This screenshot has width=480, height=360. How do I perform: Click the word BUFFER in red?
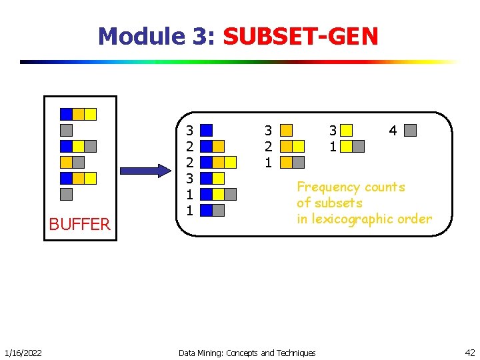pyautogui.click(x=79, y=225)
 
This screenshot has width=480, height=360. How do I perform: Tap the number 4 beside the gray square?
pyautogui.click(x=393, y=131)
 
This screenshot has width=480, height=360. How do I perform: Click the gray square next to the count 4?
pyautogui.click(x=411, y=130)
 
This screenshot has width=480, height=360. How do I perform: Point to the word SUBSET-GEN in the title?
pyautogui.click(x=301, y=35)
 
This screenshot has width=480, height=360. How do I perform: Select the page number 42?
pyautogui.click(x=469, y=352)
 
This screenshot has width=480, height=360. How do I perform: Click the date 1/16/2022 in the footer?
pyautogui.click(x=23, y=352)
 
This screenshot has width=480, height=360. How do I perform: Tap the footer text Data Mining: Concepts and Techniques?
pyautogui.click(x=247, y=352)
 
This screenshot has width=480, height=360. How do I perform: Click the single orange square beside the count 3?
pyautogui.click(x=286, y=130)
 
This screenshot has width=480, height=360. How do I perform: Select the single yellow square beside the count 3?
pyautogui.click(x=346, y=130)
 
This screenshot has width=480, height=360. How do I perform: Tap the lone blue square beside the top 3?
pyautogui.click(x=207, y=130)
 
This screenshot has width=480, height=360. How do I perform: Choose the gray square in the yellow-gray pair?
pyautogui.click(x=358, y=146)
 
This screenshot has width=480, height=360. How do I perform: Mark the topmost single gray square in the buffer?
pyautogui.click(x=66, y=130)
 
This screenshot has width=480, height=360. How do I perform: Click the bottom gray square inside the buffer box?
pyautogui.click(x=66, y=194)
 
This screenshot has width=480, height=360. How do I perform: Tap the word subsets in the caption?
pyautogui.click(x=339, y=203)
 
